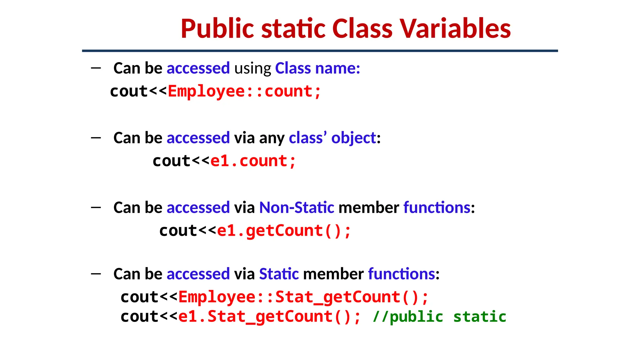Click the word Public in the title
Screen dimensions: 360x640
pos(217,29)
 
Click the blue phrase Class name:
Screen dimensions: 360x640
pos(317,68)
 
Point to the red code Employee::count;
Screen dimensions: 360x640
pos(244,92)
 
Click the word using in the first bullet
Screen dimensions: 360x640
pos(252,69)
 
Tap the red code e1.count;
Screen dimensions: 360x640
pos(253,161)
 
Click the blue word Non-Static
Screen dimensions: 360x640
pos(297,207)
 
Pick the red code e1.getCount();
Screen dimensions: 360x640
pos(284,231)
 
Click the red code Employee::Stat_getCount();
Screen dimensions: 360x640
pos(303,297)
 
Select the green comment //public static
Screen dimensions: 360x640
pos(439,317)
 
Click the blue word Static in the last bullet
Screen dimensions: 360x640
pos(279,274)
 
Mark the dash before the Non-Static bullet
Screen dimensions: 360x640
pos(96,207)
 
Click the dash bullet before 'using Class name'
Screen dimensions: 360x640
pos(96,68)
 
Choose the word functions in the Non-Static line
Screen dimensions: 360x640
pos(437,207)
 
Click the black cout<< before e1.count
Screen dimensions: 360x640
pos(181,161)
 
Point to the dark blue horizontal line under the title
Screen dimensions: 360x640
pos(320,51)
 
